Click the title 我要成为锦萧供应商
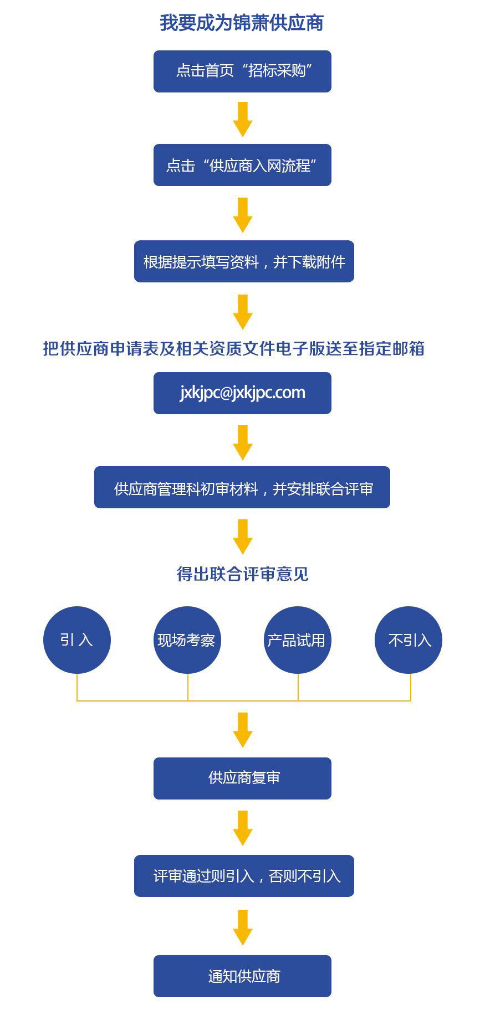242,23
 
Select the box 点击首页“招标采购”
242,71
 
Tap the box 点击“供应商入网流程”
242,165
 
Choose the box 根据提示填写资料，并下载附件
244,261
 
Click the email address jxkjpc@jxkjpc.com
242,393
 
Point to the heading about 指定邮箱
233,348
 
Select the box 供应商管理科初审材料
242,487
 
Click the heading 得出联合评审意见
242,574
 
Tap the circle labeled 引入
77,640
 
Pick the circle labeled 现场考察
187,640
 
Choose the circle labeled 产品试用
297,640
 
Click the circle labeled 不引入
409,640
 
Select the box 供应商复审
242,778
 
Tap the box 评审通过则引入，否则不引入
244,876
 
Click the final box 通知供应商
242,976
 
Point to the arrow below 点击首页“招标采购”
243,118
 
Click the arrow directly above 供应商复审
243,730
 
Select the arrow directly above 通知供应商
243,927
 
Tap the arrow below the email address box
243,442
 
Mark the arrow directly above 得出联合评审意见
243,536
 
